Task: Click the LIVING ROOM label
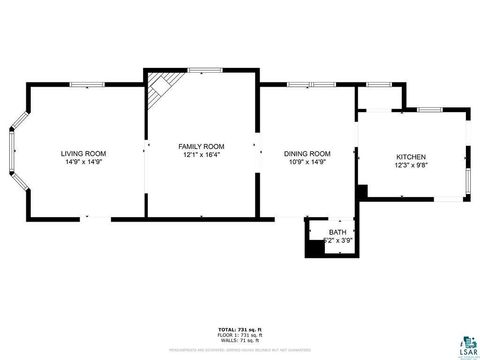(x=84, y=154)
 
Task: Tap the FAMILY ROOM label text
(x=201, y=146)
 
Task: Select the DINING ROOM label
(x=307, y=154)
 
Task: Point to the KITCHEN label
(x=411, y=158)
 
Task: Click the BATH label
(x=336, y=232)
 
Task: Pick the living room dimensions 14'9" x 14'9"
(x=84, y=162)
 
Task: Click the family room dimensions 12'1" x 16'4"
(x=201, y=155)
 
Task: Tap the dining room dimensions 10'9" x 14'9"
(x=307, y=162)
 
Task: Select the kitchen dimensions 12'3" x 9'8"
(x=411, y=166)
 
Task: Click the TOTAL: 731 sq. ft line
(x=240, y=329)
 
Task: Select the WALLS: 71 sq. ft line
(x=240, y=340)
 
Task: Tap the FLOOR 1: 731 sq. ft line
(x=240, y=334)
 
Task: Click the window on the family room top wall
(x=205, y=69)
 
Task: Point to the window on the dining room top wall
(x=300, y=84)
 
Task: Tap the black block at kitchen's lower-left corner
(x=362, y=190)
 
